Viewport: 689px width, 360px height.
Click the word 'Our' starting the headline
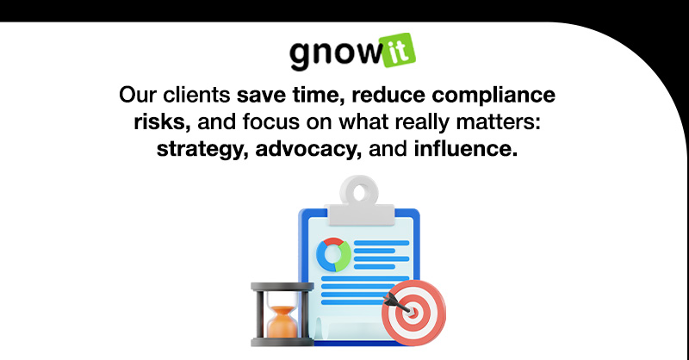point(139,94)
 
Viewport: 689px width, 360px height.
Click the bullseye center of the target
point(412,314)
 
